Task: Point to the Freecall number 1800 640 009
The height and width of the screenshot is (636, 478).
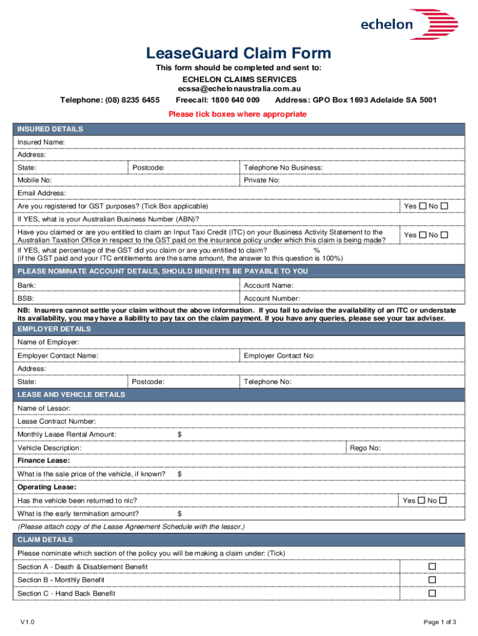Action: click(x=218, y=100)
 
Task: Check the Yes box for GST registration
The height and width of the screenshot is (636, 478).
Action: click(x=422, y=206)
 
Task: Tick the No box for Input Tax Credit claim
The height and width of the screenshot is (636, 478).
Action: click(x=444, y=235)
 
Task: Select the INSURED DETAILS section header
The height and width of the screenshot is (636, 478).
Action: click(x=50, y=129)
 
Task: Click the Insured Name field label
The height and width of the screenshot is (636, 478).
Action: click(x=41, y=142)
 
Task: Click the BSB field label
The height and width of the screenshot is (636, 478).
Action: click(x=25, y=298)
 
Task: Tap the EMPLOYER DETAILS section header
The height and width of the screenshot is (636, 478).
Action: click(x=54, y=329)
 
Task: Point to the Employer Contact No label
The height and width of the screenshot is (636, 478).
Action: click(x=279, y=355)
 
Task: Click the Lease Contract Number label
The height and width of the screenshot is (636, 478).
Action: click(x=56, y=421)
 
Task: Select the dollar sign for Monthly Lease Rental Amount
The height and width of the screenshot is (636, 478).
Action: click(x=179, y=434)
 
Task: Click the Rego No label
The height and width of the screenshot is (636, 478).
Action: click(x=366, y=448)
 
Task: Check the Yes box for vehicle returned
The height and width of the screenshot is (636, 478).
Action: click(x=422, y=500)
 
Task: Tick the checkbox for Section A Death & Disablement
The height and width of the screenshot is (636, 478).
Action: click(x=433, y=566)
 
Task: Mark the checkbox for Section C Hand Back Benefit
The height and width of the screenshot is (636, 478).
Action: click(x=433, y=593)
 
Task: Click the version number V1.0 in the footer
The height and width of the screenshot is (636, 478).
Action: click(x=27, y=622)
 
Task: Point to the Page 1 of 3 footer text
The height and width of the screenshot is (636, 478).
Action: click(x=440, y=622)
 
